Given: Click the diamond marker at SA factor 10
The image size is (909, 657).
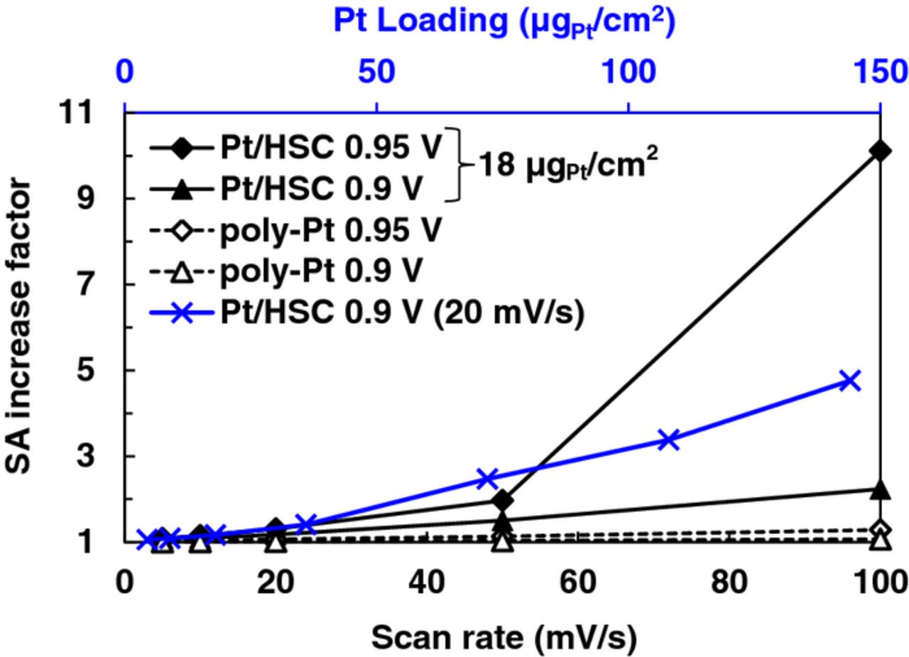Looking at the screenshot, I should pos(881,151).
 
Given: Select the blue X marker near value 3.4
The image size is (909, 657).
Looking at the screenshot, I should pos(668,440).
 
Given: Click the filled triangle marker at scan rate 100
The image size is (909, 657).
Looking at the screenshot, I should pos(881,489).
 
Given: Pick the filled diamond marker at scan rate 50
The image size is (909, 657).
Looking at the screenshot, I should pos(503,501).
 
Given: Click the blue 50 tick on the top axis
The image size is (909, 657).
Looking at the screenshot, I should pos(376,72).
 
